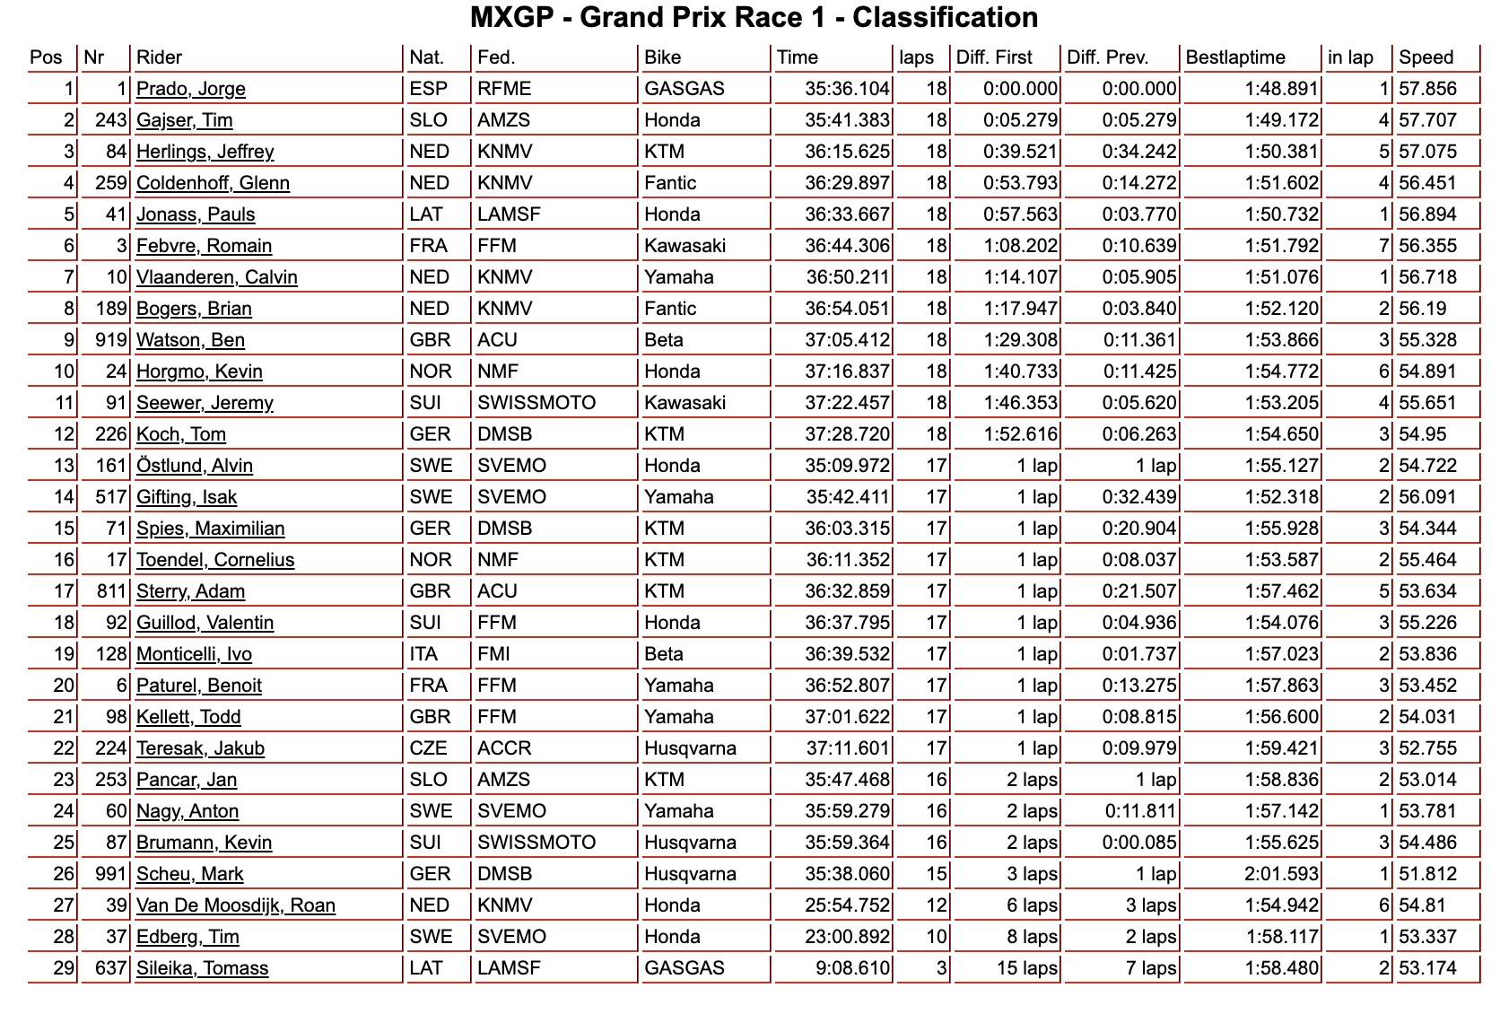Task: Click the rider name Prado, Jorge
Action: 190,89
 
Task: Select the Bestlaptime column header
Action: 1234,57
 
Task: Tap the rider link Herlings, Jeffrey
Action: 205,152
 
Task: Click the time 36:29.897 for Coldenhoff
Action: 847,183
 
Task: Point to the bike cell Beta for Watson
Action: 664,340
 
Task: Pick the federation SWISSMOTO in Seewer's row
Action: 536,403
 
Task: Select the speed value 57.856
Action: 1427,89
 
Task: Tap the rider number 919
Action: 111,340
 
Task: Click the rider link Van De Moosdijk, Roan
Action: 236,905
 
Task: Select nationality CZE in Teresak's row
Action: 428,748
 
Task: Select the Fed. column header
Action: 496,57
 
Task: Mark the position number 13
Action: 63,466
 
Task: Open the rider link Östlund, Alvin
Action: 194,466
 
